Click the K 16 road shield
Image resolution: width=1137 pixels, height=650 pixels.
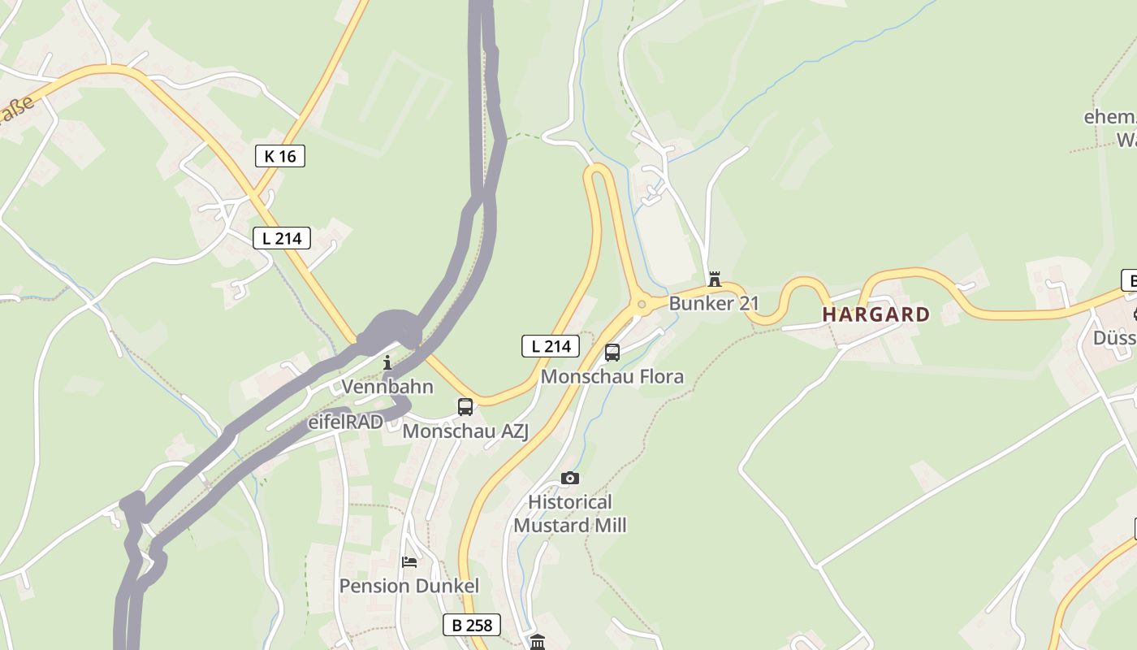pyautogui.click(x=280, y=156)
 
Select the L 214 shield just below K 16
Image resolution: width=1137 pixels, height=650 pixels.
pyautogui.click(x=282, y=238)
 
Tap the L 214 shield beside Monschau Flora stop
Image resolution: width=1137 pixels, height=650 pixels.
pyautogui.click(x=551, y=346)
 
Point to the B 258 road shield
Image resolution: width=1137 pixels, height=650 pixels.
pyautogui.click(x=472, y=625)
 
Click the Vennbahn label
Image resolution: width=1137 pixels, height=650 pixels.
pyautogui.click(x=387, y=386)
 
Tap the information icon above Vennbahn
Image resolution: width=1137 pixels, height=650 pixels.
pyautogui.click(x=387, y=362)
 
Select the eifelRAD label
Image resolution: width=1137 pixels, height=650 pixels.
pyautogui.click(x=345, y=422)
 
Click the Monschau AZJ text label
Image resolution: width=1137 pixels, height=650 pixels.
pyautogui.click(x=465, y=431)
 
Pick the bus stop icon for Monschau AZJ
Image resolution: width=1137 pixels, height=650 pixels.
pyautogui.click(x=465, y=407)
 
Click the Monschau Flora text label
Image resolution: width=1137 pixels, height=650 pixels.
pyautogui.click(x=612, y=377)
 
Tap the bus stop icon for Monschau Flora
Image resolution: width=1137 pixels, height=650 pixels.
pyautogui.click(x=612, y=353)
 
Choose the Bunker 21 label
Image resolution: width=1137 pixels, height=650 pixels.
pyautogui.click(x=714, y=304)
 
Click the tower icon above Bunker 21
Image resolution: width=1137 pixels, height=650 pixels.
pyautogui.click(x=715, y=279)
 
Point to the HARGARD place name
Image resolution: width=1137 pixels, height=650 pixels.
pyautogui.click(x=876, y=314)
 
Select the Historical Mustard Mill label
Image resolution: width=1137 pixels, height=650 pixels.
pyautogui.click(x=570, y=513)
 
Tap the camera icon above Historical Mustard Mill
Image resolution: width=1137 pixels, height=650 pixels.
pyautogui.click(x=570, y=478)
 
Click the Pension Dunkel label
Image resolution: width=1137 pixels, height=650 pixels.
pyautogui.click(x=409, y=586)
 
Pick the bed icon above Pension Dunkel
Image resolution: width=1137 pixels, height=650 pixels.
pyautogui.click(x=409, y=562)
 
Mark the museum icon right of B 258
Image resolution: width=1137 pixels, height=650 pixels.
pyautogui.click(x=538, y=643)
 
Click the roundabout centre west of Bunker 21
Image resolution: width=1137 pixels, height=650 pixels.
pyautogui.click(x=642, y=305)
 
